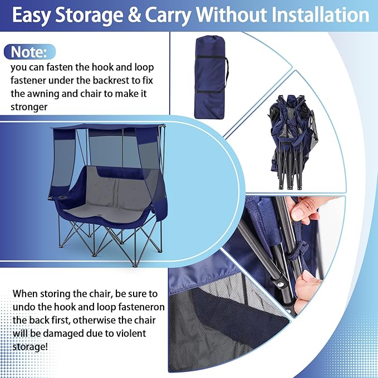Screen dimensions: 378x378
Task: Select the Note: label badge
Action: pyautogui.click(x=30, y=53)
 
